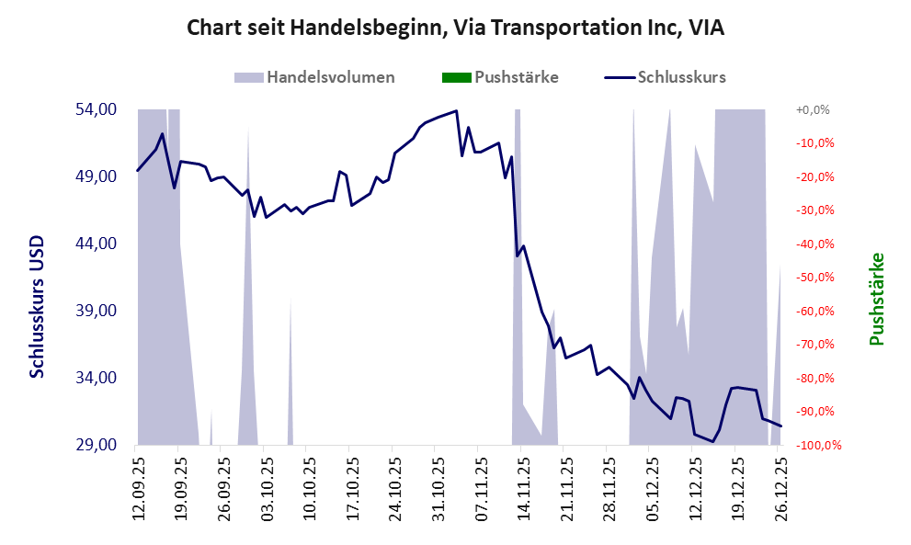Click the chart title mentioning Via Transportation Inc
pos(455,28)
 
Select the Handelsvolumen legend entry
pos(330,77)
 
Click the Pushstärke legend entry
pos(516,77)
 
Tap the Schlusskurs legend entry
pos(681,77)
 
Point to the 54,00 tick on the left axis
pos(96,109)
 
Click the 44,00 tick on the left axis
pos(96,244)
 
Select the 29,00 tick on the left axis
pos(96,445)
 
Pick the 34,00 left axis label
pos(96,378)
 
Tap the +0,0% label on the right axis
pos(813,109)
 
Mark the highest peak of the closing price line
pos(457,111)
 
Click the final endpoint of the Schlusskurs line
pos(780,426)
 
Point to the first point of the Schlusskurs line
pos(138,170)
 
